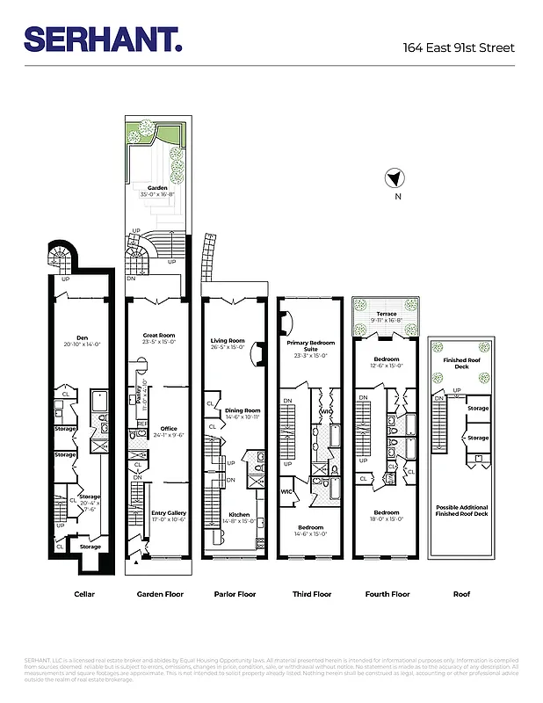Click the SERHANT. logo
click(x=103, y=39)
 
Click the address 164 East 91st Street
click(x=458, y=47)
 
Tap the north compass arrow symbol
click(x=395, y=178)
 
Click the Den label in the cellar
click(x=83, y=338)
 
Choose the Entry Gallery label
click(x=169, y=513)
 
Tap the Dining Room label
click(x=242, y=410)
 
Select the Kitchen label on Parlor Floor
click(x=239, y=515)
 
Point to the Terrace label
click(x=387, y=315)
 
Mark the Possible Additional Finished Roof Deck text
click(x=461, y=511)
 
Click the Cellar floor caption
click(x=84, y=594)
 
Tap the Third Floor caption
click(x=311, y=594)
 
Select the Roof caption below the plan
click(x=461, y=594)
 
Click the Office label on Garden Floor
click(x=169, y=430)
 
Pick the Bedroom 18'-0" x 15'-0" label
click(x=387, y=515)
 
